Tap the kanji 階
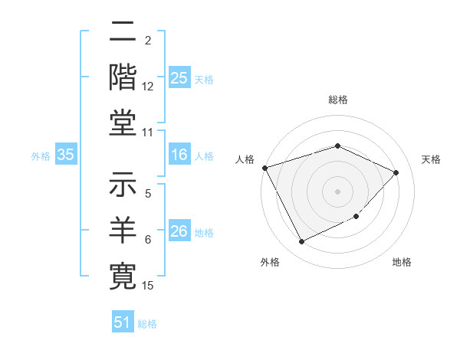pos(122,77)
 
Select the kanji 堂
pos(122,122)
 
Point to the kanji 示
pos(122,186)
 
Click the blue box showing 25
pos(179,77)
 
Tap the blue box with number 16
pos(179,155)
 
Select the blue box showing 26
pos(179,231)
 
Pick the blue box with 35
pos(66,155)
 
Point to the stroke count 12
pos(148,87)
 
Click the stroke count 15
pos(148,286)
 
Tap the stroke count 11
pos(148,133)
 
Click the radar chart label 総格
pos(337,100)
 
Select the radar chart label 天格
pos(432,159)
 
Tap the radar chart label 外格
pos(269,263)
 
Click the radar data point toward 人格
pos(264,168)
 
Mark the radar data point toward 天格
pos(396,172)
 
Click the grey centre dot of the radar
pos(337,191)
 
